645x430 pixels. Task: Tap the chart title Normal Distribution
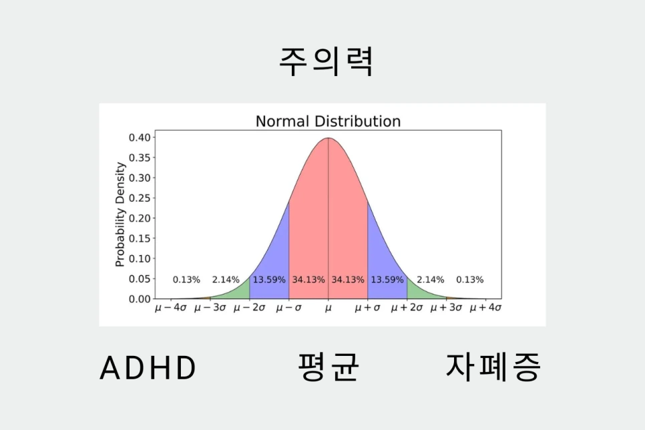328,122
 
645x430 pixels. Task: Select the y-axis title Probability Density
120,214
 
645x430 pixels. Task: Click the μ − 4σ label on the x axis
171,309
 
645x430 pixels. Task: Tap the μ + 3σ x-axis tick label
446,309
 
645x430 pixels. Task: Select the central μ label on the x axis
328,309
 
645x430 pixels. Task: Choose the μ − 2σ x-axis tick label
249,309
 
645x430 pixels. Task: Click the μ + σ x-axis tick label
368,309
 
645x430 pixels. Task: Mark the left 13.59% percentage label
269,280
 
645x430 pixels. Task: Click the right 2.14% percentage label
430,280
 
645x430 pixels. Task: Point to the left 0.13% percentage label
186,280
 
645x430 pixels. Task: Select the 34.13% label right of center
348,280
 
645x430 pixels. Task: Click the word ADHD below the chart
148,368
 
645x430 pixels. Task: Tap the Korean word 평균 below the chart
328,367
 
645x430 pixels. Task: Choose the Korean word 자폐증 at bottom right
493,367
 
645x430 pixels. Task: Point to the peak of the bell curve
328,139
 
